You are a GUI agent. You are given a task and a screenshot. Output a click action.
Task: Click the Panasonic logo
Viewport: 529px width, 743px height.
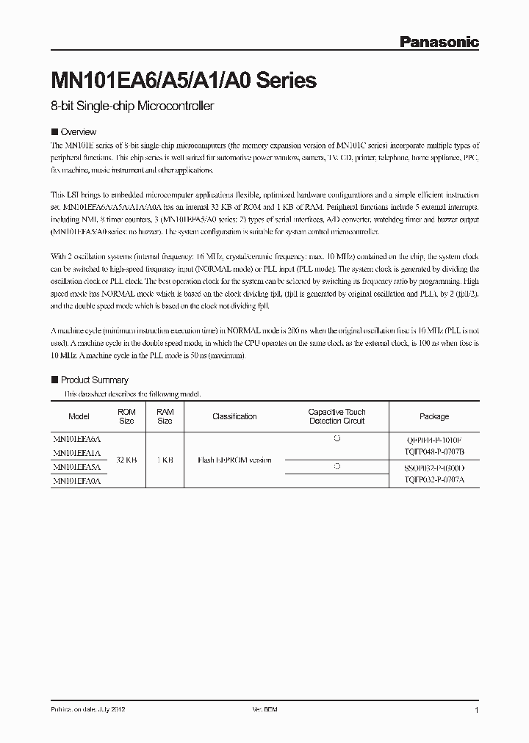439,42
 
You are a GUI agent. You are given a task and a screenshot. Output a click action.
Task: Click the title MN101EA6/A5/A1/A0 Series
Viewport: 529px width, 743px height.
183,81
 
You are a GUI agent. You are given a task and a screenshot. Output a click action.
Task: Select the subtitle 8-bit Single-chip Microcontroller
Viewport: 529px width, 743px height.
132,107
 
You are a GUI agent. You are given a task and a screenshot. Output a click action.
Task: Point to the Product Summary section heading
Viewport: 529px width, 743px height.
94,380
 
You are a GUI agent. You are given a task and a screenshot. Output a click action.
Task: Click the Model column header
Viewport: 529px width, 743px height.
79,416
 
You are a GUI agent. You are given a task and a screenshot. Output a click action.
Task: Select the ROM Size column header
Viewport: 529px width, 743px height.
126,416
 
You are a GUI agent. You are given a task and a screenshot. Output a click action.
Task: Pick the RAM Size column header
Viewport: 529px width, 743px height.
165,416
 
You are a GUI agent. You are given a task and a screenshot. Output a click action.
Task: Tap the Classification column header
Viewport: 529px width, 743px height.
234,416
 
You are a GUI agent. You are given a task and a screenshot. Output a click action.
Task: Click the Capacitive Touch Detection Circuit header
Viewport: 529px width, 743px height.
337,416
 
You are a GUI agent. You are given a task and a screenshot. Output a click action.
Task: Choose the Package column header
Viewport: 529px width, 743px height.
433,416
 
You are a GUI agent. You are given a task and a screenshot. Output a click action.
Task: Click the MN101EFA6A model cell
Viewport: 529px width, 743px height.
77,438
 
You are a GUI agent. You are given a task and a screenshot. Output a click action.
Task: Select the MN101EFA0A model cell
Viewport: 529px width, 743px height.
77,481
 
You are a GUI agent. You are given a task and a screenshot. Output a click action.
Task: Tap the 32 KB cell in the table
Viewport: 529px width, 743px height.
126,460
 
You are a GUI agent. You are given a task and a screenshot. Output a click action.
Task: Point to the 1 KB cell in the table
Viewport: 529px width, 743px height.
165,460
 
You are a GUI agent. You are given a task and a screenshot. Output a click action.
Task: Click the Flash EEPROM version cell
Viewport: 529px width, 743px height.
234,460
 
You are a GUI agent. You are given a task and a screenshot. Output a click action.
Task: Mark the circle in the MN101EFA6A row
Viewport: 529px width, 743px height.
337,438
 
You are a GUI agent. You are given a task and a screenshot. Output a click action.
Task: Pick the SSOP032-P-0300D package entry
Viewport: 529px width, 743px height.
434,467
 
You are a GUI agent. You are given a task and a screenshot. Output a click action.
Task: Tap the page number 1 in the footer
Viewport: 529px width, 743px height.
477,711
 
